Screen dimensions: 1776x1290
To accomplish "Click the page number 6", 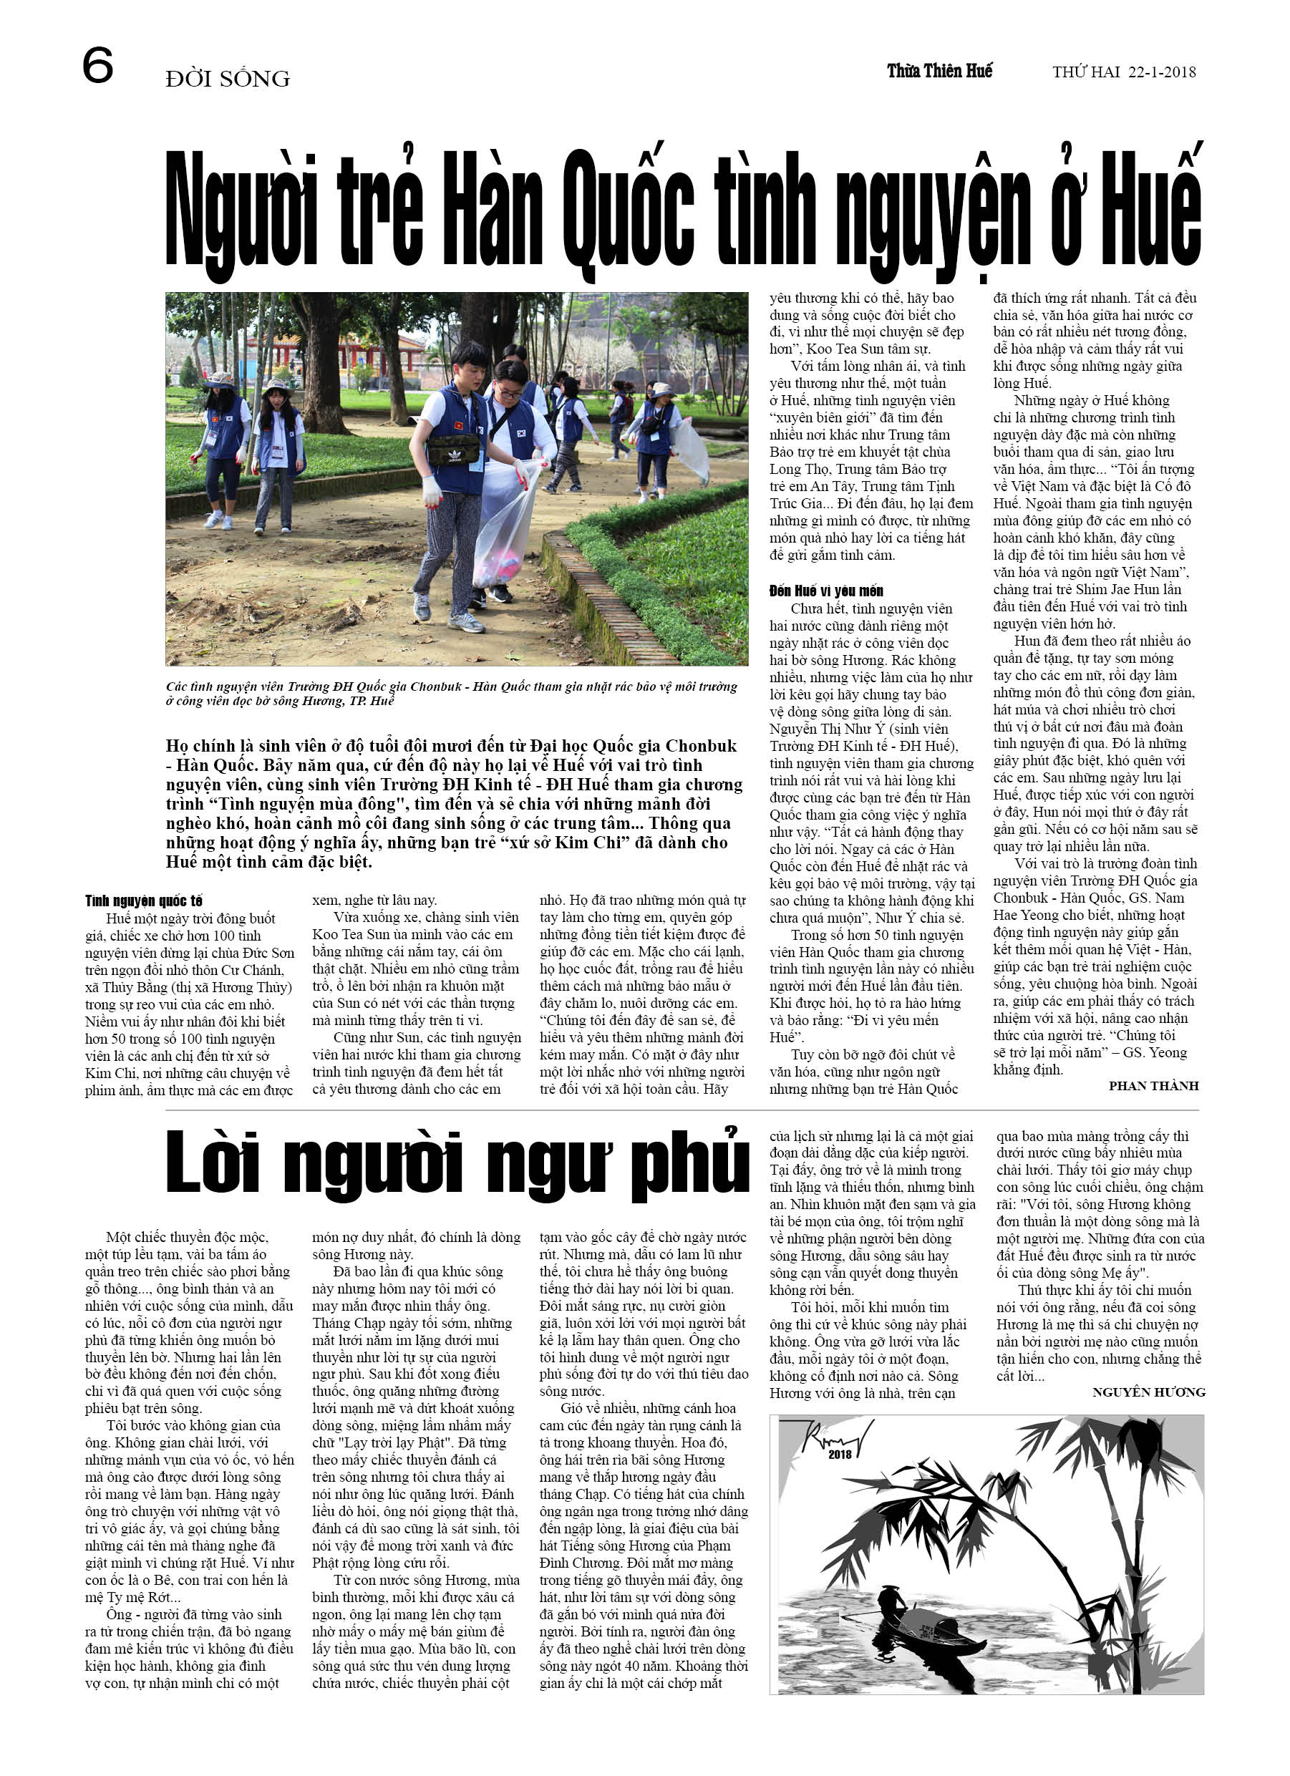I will [x=98, y=66].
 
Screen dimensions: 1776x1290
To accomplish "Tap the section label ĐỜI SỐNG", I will [x=227, y=79].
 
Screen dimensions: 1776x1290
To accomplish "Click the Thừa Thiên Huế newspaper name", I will [x=939, y=72].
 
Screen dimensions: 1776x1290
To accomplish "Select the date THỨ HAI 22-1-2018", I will [x=1123, y=73].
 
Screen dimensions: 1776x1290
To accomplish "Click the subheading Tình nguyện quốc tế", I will [x=143, y=901].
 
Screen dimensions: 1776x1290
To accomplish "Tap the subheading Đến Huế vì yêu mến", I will [x=825, y=591].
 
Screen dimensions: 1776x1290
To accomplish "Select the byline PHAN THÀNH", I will [x=1153, y=1086].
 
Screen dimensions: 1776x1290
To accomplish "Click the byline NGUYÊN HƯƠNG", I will [x=1148, y=1392].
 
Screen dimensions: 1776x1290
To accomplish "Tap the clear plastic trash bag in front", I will [x=505, y=525].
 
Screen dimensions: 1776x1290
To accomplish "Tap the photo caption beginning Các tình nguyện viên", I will [x=451, y=693].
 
